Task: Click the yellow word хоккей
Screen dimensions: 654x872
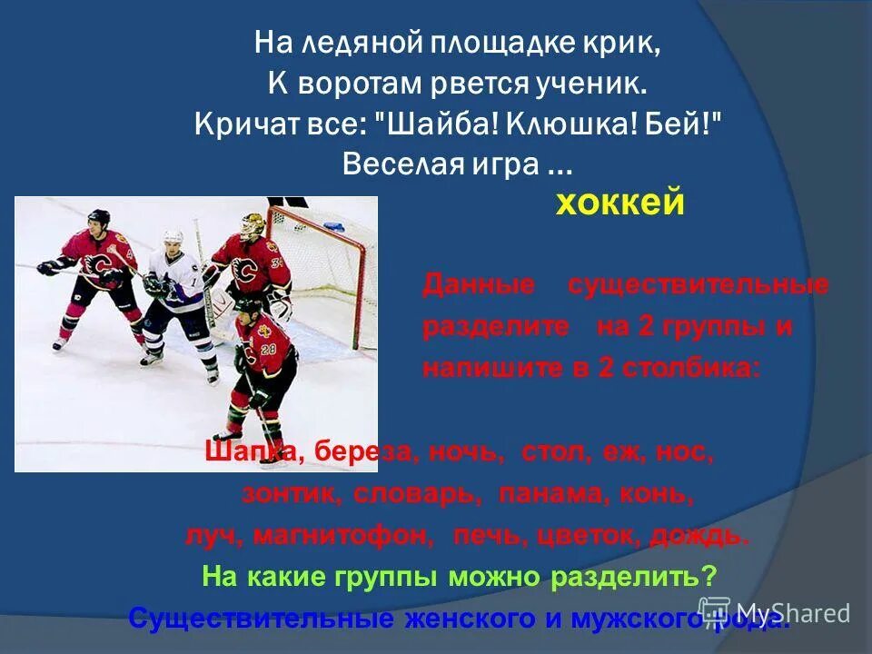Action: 619,203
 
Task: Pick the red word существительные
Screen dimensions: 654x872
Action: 698,284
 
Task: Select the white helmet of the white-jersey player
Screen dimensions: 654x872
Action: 173,237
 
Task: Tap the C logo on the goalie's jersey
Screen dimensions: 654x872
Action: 244,270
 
